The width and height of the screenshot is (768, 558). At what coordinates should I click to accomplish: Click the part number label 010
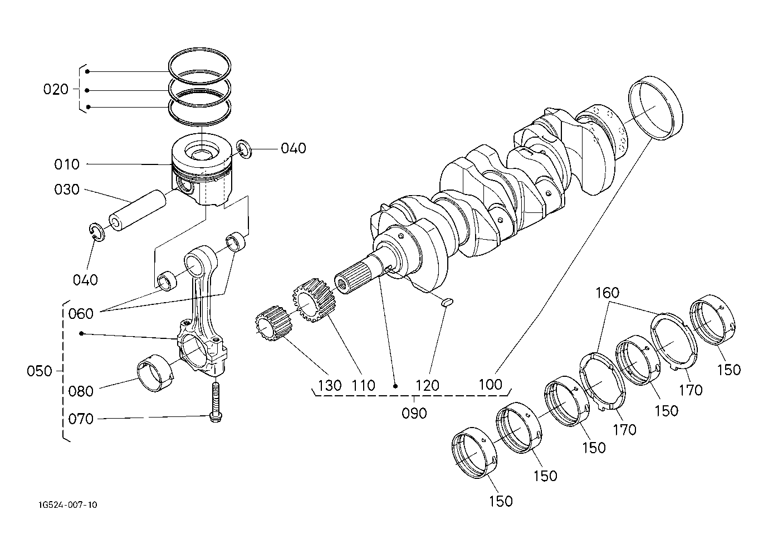tap(67, 164)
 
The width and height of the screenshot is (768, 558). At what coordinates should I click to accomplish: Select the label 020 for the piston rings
tap(56, 89)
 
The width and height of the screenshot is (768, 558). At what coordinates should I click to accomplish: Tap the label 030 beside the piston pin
tap(67, 190)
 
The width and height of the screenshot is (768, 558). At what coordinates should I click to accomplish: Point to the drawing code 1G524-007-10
tap(68, 505)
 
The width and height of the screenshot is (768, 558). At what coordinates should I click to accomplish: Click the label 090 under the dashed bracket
tap(414, 413)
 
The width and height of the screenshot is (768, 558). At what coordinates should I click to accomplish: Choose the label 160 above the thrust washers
tap(608, 293)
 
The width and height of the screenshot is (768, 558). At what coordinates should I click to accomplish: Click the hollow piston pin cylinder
tap(138, 210)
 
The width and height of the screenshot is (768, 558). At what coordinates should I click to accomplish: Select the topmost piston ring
tap(200, 61)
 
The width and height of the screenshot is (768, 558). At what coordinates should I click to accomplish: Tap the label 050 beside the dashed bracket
tap(39, 371)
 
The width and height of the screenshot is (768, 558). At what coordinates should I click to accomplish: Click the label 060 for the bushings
tap(81, 313)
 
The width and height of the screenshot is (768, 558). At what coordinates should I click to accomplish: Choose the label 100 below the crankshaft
tap(490, 385)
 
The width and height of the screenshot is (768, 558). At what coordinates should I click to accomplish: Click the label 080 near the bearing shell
tap(81, 391)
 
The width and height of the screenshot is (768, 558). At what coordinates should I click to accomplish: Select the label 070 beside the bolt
tap(81, 419)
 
